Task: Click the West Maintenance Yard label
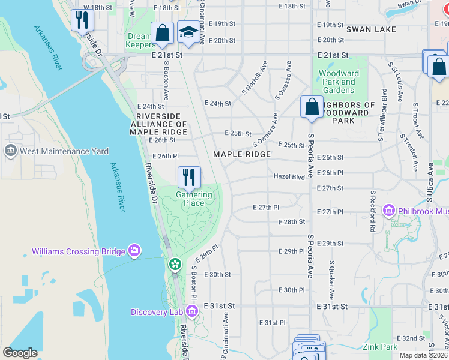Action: point(64,151)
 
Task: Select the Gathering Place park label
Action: point(193,199)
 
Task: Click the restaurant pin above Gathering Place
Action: point(189,176)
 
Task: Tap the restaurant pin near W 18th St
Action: point(81,20)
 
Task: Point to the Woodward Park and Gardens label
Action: point(339,82)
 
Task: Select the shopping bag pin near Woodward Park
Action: point(312,107)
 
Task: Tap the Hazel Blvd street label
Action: point(289,176)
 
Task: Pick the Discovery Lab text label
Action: point(157,311)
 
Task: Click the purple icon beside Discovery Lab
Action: point(191,311)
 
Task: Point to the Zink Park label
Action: point(379,347)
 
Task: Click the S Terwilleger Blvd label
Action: point(381,115)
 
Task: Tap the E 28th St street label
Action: point(292,221)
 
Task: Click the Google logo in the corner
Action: point(20,353)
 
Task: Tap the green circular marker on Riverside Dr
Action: point(175,263)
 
